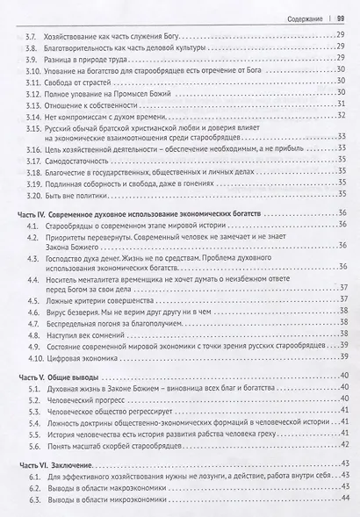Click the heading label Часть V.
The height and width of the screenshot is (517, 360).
[32, 375]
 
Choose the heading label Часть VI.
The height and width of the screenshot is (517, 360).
[33, 463]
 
